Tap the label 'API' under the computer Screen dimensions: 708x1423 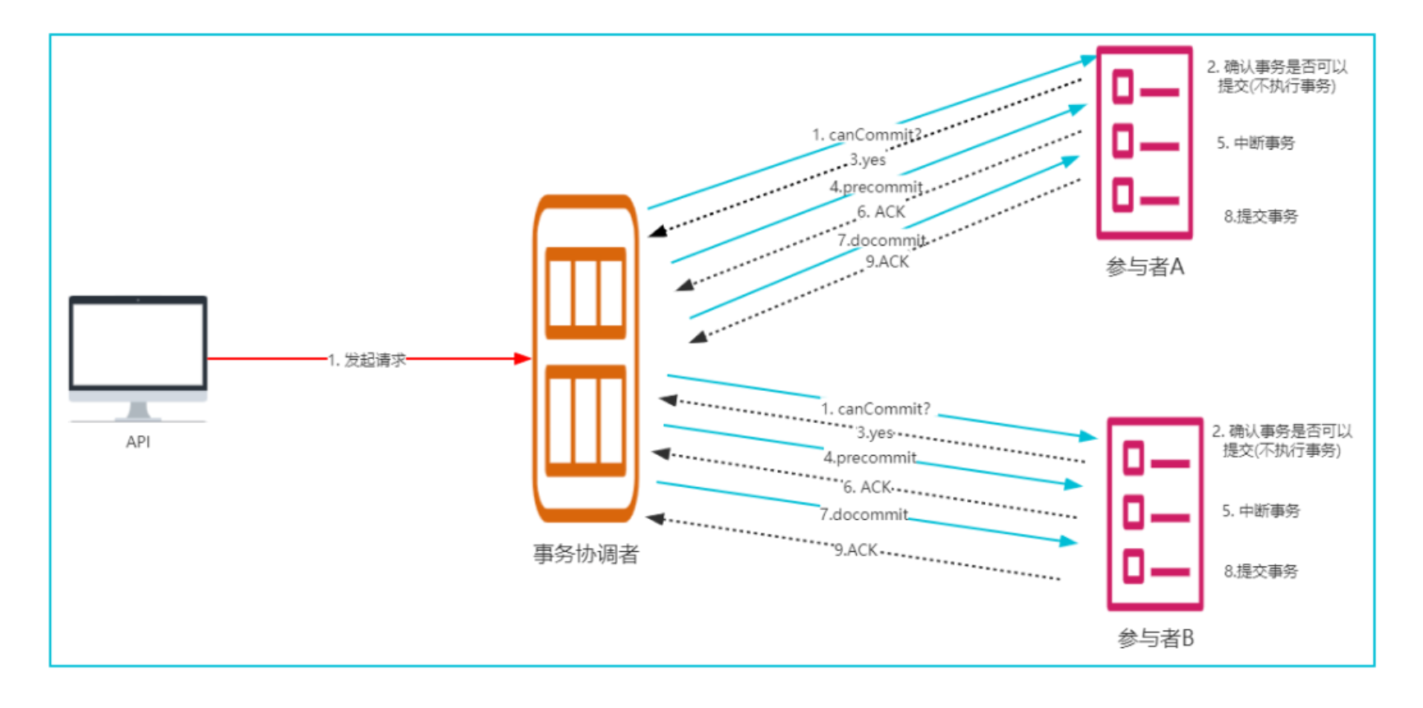point(138,442)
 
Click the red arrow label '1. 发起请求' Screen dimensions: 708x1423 point(367,360)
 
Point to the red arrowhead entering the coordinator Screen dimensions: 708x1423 point(523,358)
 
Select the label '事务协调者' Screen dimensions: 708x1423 point(586,554)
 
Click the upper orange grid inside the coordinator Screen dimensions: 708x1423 point(586,293)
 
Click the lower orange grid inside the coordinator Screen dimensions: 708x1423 point(586,421)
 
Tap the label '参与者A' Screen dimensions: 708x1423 point(1144,267)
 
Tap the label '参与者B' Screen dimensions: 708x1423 point(1155,638)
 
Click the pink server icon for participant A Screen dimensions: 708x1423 point(1144,142)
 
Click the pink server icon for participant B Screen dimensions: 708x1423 point(1155,514)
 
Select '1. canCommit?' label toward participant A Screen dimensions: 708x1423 point(867,135)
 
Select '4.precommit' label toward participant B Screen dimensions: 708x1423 point(870,457)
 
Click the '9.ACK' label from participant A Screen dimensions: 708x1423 point(887,262)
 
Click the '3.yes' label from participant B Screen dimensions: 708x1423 point(875,433)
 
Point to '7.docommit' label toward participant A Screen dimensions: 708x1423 point(882,241)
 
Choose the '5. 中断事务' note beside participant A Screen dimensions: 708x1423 point(1255,143)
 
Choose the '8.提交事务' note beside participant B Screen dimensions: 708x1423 point(1260,571)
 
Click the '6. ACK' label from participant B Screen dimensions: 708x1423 point(868,487)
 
